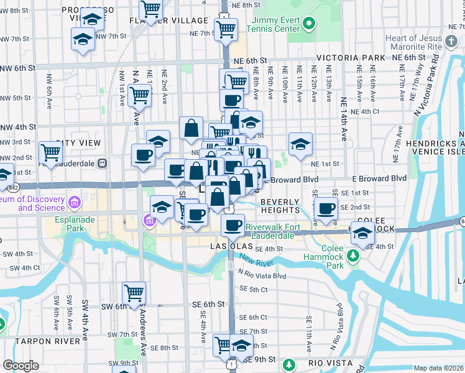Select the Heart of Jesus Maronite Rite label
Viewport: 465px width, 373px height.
point(423,42)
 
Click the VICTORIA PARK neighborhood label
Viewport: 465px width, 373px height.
point(351,58)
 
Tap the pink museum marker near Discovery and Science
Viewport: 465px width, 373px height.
point(75,202)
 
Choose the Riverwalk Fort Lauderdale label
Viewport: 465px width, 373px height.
point(270,231)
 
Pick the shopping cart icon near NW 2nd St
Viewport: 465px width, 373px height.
point(50,151)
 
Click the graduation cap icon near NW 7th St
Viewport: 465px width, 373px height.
point(83,40)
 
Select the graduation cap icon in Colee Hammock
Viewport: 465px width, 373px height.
point(362,232)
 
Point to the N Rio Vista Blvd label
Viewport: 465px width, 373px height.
point(260,275)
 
